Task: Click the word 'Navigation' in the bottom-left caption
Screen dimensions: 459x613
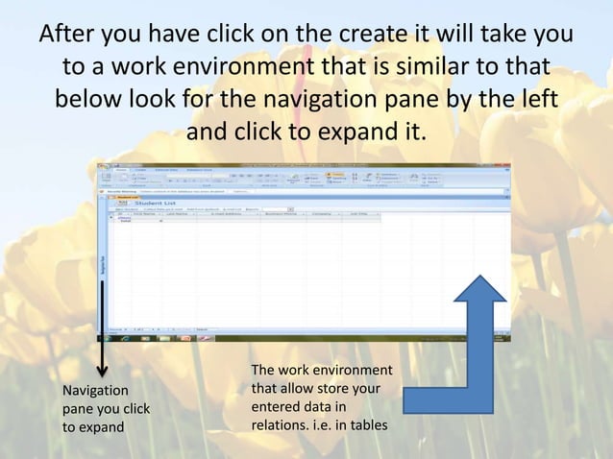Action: click(94, 391)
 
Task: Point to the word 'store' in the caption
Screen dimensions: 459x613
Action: click(306, 389)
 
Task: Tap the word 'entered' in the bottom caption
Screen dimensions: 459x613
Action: click(275, 406)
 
